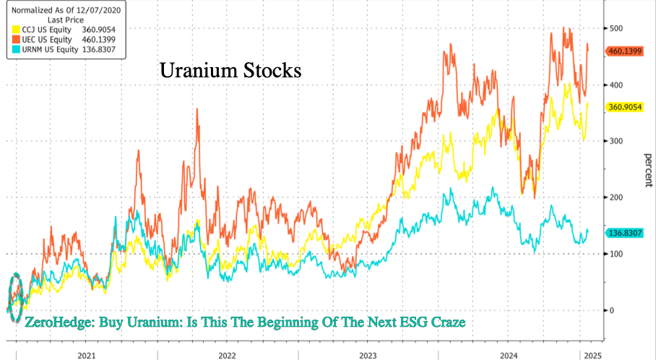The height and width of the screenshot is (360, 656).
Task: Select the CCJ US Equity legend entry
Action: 43,28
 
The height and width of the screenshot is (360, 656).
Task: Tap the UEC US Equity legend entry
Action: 43,39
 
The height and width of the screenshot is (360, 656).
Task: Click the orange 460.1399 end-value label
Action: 624,51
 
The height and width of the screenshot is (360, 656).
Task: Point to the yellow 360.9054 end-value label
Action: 624,106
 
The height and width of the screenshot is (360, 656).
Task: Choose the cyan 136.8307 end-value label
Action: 624,233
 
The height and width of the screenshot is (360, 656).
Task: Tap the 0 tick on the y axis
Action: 611,310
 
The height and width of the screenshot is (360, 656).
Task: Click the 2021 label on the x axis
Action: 86,355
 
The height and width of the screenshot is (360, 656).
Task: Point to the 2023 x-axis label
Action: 367,355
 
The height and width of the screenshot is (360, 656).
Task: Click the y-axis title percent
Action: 645,169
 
